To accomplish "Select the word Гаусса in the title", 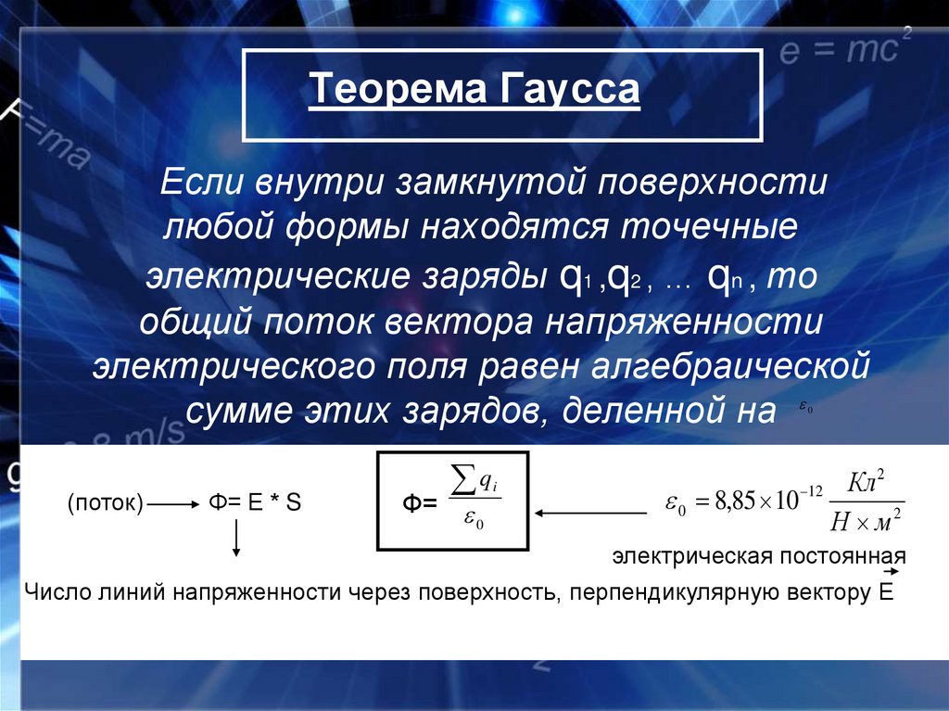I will (571, 91).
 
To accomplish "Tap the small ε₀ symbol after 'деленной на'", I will (803, 408).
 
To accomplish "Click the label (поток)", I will (105, 503).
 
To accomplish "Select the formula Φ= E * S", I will (254, 503).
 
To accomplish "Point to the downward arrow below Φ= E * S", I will (236, 539).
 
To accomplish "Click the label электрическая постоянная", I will (757, 556).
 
